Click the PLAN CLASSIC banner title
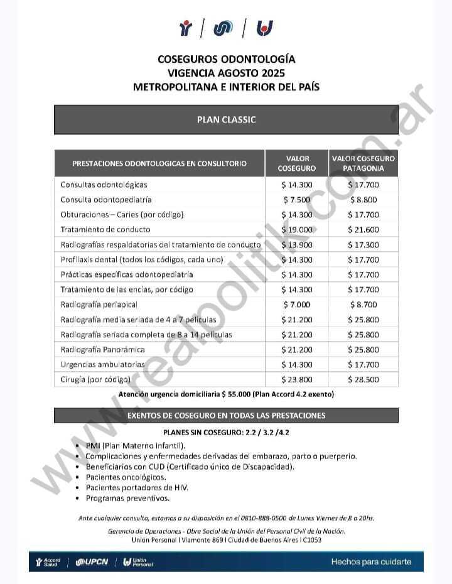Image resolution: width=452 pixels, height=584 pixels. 226,119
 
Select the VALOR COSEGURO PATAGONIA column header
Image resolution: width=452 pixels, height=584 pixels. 363,163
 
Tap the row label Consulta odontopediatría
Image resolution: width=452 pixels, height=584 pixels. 106,200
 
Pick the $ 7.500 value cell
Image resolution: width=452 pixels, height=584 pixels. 297,200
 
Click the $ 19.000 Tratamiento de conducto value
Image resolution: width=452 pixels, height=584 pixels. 297,230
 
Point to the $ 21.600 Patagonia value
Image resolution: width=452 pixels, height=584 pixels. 363,230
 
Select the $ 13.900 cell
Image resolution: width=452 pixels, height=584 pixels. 297,245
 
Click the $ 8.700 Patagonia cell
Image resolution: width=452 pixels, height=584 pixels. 363,305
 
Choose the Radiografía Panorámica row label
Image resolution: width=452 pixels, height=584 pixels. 102,350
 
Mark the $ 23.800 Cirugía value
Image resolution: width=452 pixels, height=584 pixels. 297,379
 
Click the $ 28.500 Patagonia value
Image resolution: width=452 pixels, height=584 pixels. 363,379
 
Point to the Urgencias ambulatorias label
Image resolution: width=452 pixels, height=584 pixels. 102,365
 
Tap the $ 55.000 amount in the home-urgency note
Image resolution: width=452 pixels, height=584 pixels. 232,394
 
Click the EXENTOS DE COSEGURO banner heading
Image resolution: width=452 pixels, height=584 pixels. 226,416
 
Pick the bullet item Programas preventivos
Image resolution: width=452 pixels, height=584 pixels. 127,498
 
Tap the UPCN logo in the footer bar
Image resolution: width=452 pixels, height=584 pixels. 92,561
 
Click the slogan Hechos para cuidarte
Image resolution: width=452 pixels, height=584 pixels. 371,561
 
